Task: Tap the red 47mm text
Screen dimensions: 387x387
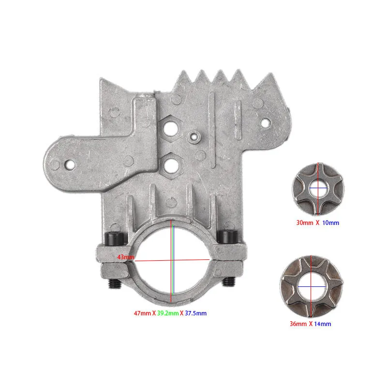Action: (143, 313)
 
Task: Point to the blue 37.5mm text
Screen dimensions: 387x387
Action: (195, 313)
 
